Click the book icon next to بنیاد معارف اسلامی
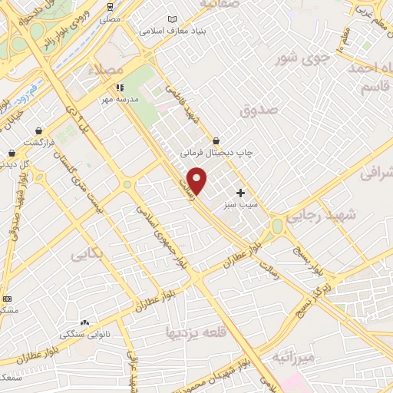pyautogui.click(x=171, y=20)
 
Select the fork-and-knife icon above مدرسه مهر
pyautogui.click(x=119, y=88)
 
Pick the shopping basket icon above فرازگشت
pyautogui.click(x=38, y=131)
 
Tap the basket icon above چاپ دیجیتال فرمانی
pyautogui.click(x=216, y=141)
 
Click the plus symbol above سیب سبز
pyautogui.click(x=241, y=193)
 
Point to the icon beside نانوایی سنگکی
pyautogui.click(x=84, y=323)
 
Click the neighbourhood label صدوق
pyautogui.click(x=257, y=112)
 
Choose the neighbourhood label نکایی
pyautogui.click(x=86, y=253)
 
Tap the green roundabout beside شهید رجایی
pyautogui.click(x=277, y=226)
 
